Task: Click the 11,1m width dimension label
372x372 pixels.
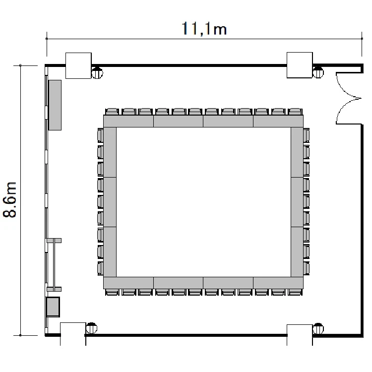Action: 204,29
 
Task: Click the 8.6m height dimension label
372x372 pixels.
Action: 9,199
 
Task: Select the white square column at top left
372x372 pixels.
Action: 78,65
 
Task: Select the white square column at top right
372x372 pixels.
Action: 300,65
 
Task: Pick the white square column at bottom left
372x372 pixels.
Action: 73,334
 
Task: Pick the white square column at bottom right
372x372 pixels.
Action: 300,335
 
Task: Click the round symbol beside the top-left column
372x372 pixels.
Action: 97,73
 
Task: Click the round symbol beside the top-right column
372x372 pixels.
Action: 318,72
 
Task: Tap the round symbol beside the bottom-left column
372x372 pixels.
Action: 91,328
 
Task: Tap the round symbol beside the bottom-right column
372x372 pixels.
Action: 318,329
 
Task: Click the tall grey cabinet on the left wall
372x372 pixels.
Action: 55,105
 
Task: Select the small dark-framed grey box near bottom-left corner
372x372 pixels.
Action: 53,307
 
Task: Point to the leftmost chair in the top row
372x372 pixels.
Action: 112,112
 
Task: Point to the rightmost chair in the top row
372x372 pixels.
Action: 295,112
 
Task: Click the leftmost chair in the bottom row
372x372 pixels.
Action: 112,292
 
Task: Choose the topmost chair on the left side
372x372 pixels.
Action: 100,135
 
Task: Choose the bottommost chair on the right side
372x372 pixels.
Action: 307,268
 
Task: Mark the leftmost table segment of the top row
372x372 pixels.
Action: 128,121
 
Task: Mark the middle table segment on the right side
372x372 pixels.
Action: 297,202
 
